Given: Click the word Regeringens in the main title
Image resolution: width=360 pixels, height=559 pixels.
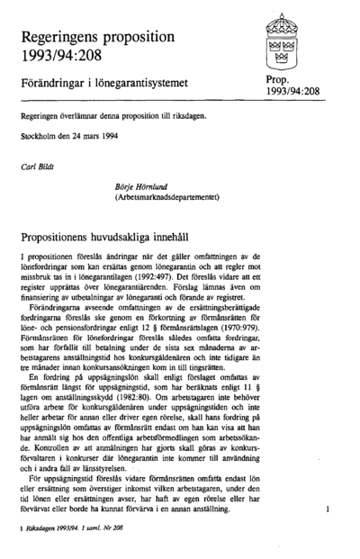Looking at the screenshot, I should coord(65,40).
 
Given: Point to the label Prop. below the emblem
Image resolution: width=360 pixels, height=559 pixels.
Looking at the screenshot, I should coord(280,80).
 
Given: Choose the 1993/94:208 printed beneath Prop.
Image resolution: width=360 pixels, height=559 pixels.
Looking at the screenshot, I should coord(293,92).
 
